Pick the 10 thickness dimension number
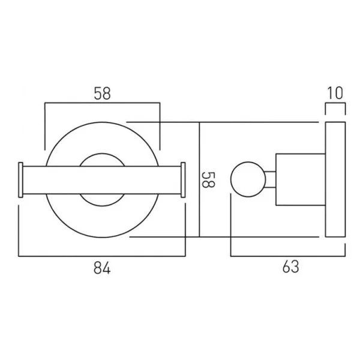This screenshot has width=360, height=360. coord(335,93)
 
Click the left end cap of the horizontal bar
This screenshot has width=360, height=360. coord(22,179)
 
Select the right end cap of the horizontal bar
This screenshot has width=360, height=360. coord(183,179)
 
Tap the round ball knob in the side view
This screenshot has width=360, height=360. coord(248,179)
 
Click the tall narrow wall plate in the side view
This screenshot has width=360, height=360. coord(335,180)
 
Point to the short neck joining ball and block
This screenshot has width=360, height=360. coord(270,179)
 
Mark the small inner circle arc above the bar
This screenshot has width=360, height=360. coord(102,157)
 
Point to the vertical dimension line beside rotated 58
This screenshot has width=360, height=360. coord(199,180)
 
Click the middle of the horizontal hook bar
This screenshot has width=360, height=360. coord(102,179)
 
